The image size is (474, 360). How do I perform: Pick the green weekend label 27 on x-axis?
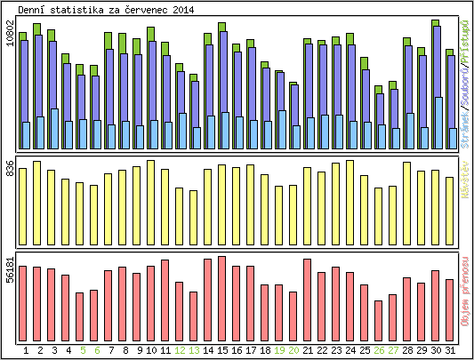click(x=393, y=351)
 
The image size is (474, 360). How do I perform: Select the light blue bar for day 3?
click(x=54, y=129)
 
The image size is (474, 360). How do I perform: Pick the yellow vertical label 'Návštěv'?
click(x=465, y=174)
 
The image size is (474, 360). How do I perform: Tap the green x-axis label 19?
click(x=279, y=351)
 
